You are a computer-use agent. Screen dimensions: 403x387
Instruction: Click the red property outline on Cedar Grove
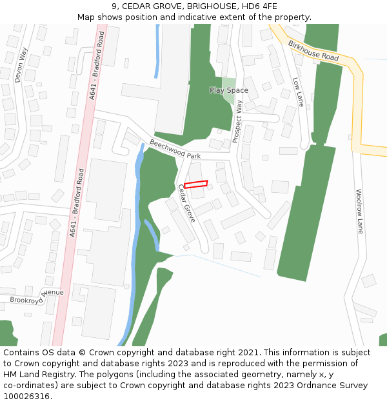[x=196, y=184]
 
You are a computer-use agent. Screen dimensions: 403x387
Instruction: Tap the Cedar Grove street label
[x=186, y=203]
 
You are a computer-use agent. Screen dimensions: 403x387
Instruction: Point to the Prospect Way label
[x=238, y=121]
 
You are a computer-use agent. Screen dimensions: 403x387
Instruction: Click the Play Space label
[x=228, y=90]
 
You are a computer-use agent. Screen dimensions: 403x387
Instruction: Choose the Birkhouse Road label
[x=313, y=50]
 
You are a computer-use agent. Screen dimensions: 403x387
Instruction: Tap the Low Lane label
[x=298, y=92]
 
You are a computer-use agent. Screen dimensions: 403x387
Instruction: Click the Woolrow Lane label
[x=359, y=211]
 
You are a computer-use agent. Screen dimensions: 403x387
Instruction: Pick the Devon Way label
[x=21, y=65]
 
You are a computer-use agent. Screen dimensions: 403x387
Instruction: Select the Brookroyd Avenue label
[x=37, y=297]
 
